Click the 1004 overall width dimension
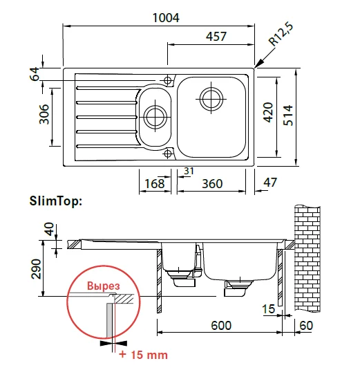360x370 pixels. point(166,18)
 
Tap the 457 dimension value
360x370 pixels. point(216,37)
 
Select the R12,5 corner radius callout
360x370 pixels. point(281,34)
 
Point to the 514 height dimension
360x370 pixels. point(288,115)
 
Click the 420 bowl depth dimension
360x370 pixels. point(268,113)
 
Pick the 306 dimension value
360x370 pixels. point(44,114)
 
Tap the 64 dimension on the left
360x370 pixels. point(35,74)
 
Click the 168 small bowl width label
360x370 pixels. point(155,183)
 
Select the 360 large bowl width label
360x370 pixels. point(212,183)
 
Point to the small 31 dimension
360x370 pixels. point(189,171)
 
